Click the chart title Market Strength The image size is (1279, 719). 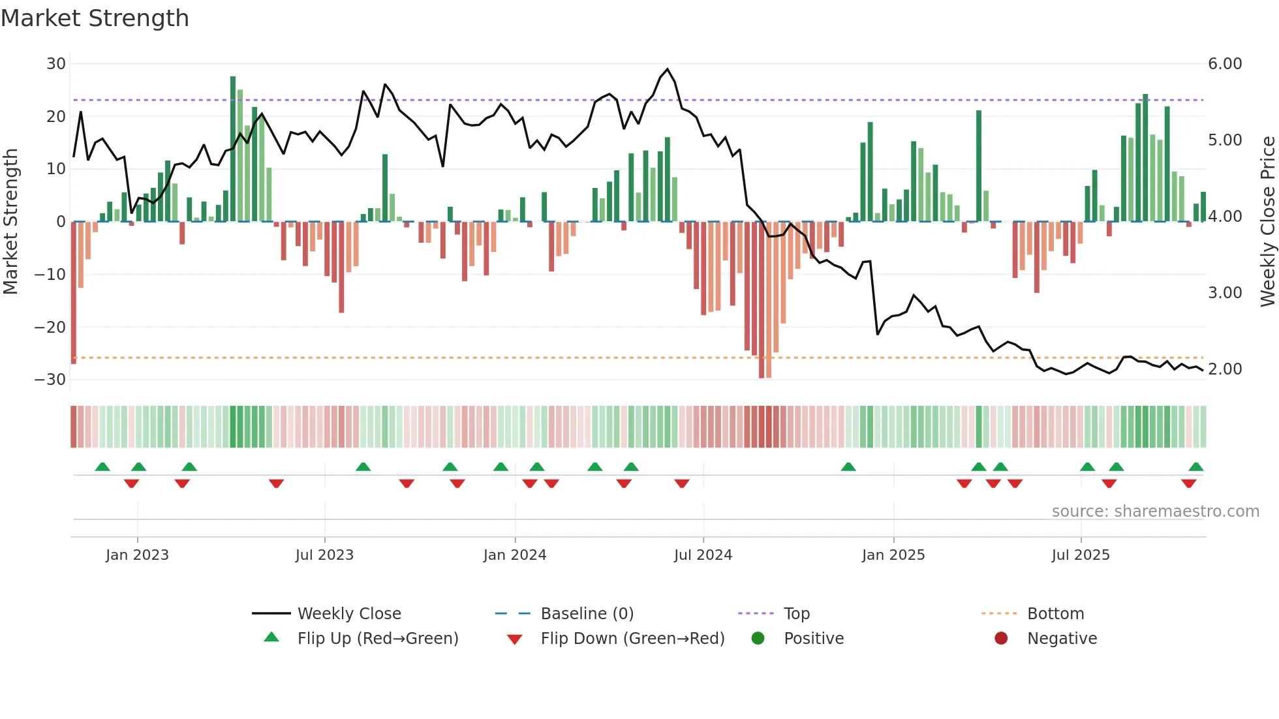[95, 18]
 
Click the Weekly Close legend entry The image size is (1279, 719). [348, 613]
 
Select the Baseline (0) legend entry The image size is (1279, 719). [587, 613]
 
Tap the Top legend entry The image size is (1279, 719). [796, 613]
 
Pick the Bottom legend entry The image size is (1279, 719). [1055, 613]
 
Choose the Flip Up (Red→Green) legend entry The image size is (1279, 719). [377, 638]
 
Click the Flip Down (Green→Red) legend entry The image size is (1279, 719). [632, 638]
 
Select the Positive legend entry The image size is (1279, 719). [813, 638]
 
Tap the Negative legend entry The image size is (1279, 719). [1062, 638]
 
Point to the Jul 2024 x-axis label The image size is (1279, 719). [703, 555]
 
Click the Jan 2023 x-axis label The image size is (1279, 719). [137, 555]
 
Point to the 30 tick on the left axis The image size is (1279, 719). [56, 64]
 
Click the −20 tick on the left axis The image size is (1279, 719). [51, 327]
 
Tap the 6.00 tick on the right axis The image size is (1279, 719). [1225, 64]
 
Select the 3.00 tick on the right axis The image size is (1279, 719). [1225, 293]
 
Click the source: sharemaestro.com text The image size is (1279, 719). [1155, 511]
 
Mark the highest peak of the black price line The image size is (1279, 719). [667, 69]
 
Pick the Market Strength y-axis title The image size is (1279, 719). [10, 222]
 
